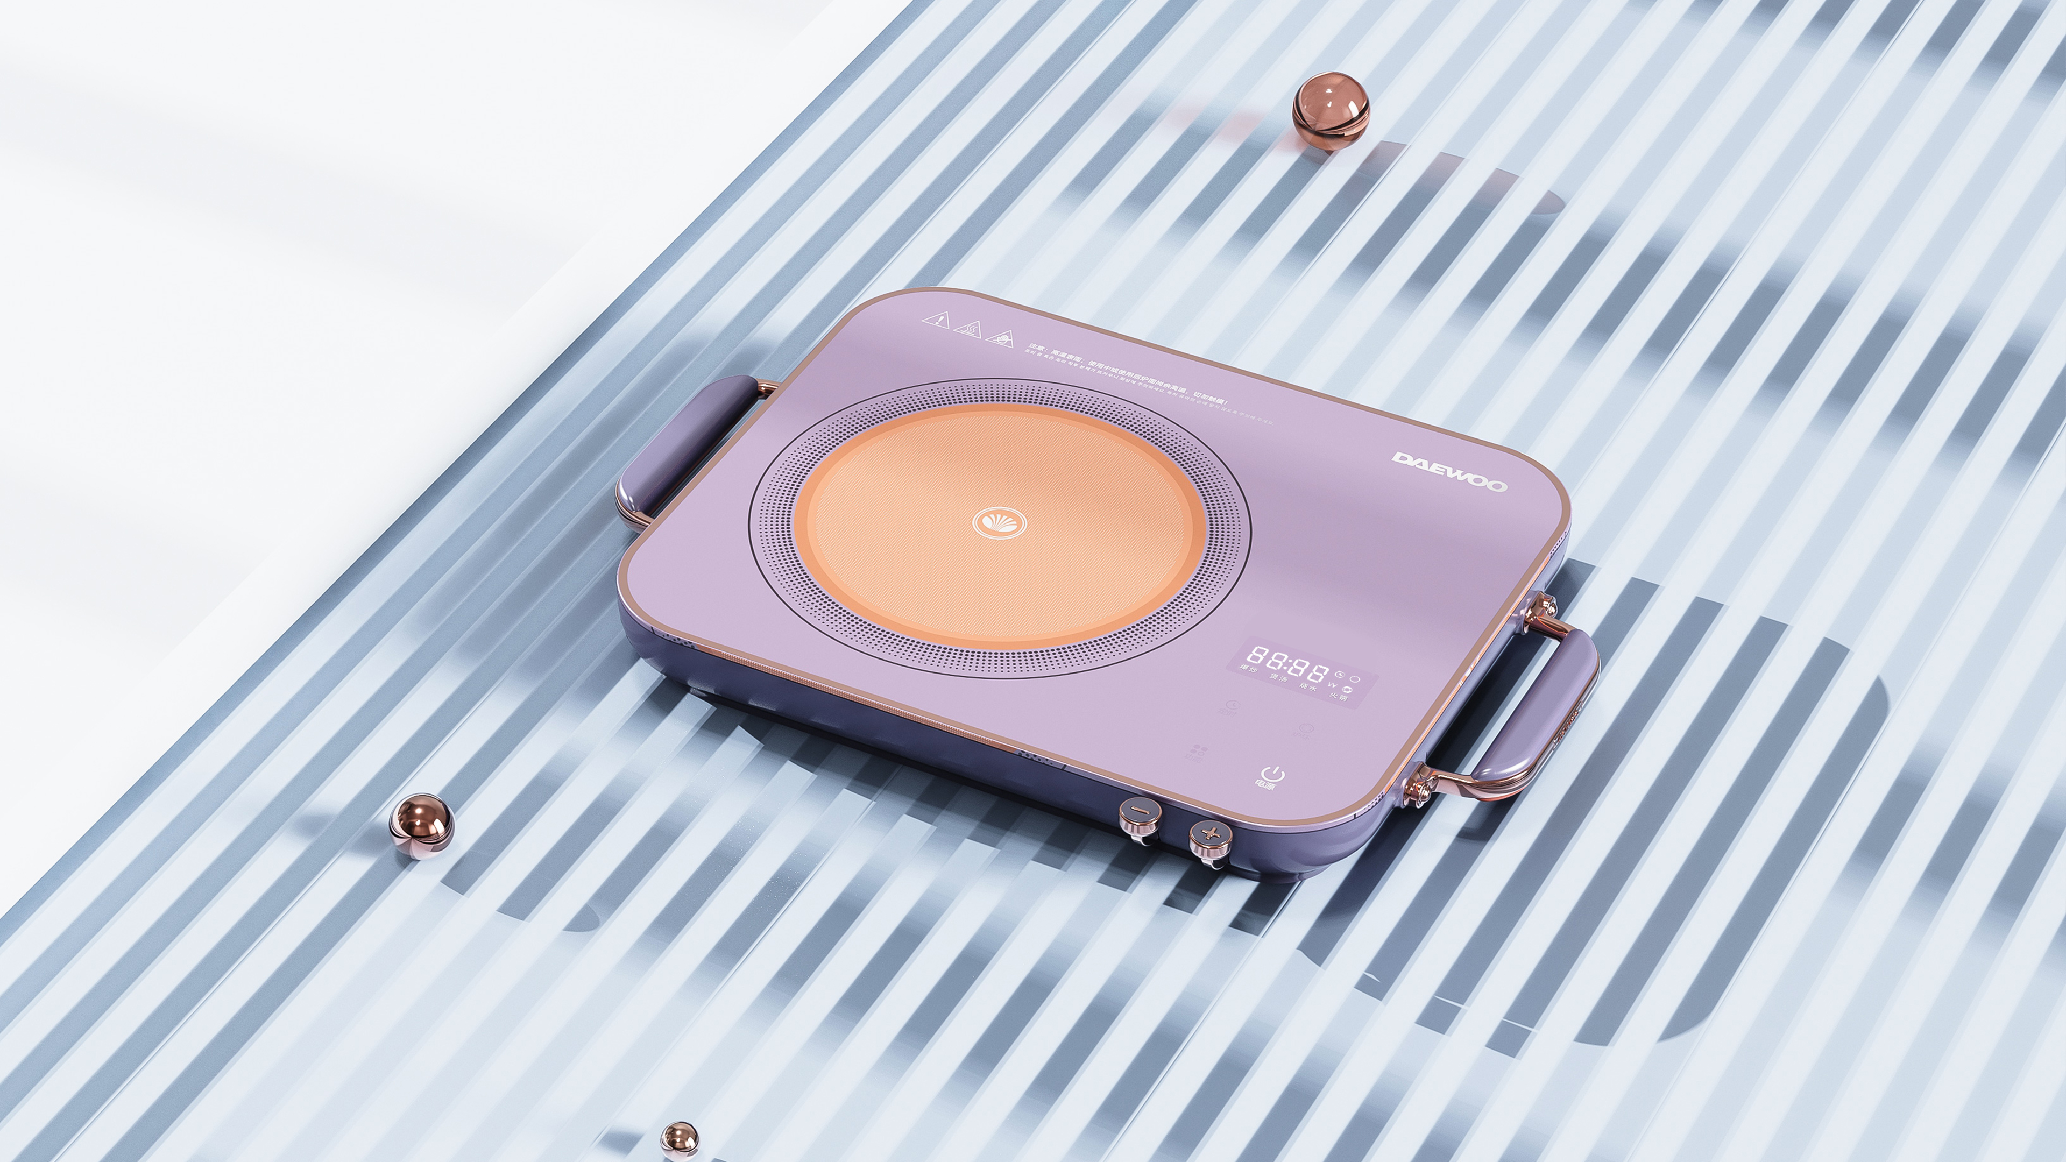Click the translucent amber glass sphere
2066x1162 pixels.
pos(1331,111)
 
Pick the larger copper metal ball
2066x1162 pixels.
pos(421,826)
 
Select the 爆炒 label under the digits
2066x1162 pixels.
pos(1249,668)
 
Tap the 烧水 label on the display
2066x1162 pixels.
pos(1308,688)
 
